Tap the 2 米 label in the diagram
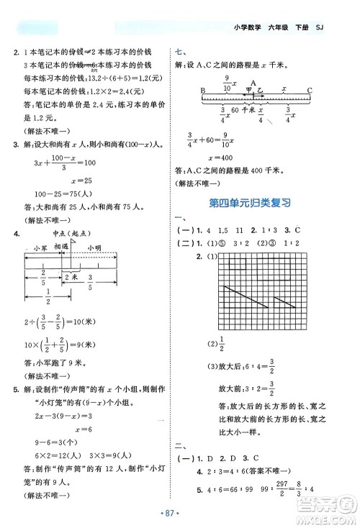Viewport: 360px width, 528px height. point(71,275)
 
